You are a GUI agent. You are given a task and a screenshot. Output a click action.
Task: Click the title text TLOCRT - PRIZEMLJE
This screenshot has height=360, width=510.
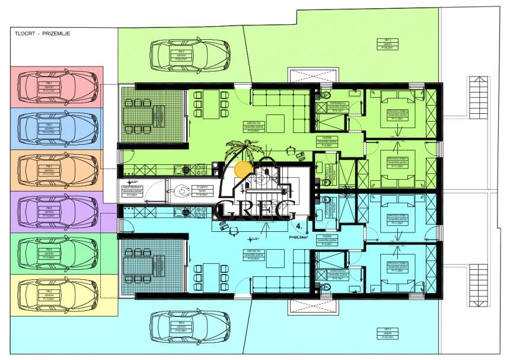click(x=43, y=34)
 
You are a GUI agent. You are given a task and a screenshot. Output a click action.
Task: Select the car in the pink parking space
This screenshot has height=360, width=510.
click(x=58, y=87)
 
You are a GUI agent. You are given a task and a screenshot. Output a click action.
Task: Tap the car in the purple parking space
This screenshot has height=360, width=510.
click(x=58, y=211)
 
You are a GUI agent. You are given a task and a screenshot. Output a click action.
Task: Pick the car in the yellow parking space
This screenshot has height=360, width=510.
click(x=58, y=294)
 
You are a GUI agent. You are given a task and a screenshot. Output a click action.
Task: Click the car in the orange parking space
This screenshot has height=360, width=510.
click(x=58, y=170)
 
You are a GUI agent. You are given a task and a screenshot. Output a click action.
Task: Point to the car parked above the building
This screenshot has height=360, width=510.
click(x=190, y=55)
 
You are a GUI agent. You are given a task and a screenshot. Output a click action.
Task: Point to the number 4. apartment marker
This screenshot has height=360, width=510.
click(x=300, y=227)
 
